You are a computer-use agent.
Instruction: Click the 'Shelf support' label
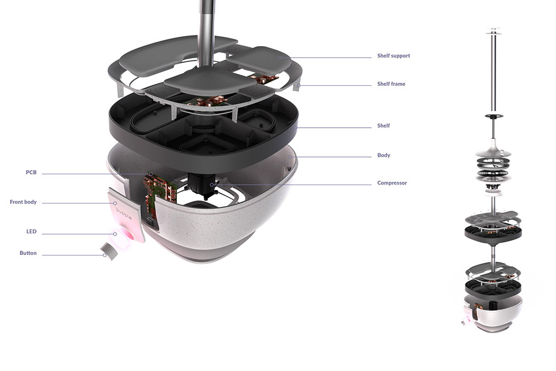click(393, 56)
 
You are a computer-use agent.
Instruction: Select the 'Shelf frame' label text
click(391, 84)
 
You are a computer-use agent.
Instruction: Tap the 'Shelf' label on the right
click(383, 126)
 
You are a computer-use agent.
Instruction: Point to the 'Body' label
click(383, 155)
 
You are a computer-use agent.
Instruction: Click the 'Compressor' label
click(392, 183)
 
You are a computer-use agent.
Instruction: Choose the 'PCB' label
click(31, 173)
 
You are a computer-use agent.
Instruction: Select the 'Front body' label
click(23, 202)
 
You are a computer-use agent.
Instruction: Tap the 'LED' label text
click(31, 232)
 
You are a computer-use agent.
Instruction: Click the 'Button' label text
click(28, 253)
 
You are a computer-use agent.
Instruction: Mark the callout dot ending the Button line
click(105, 255)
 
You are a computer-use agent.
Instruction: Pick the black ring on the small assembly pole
click(493, 116)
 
